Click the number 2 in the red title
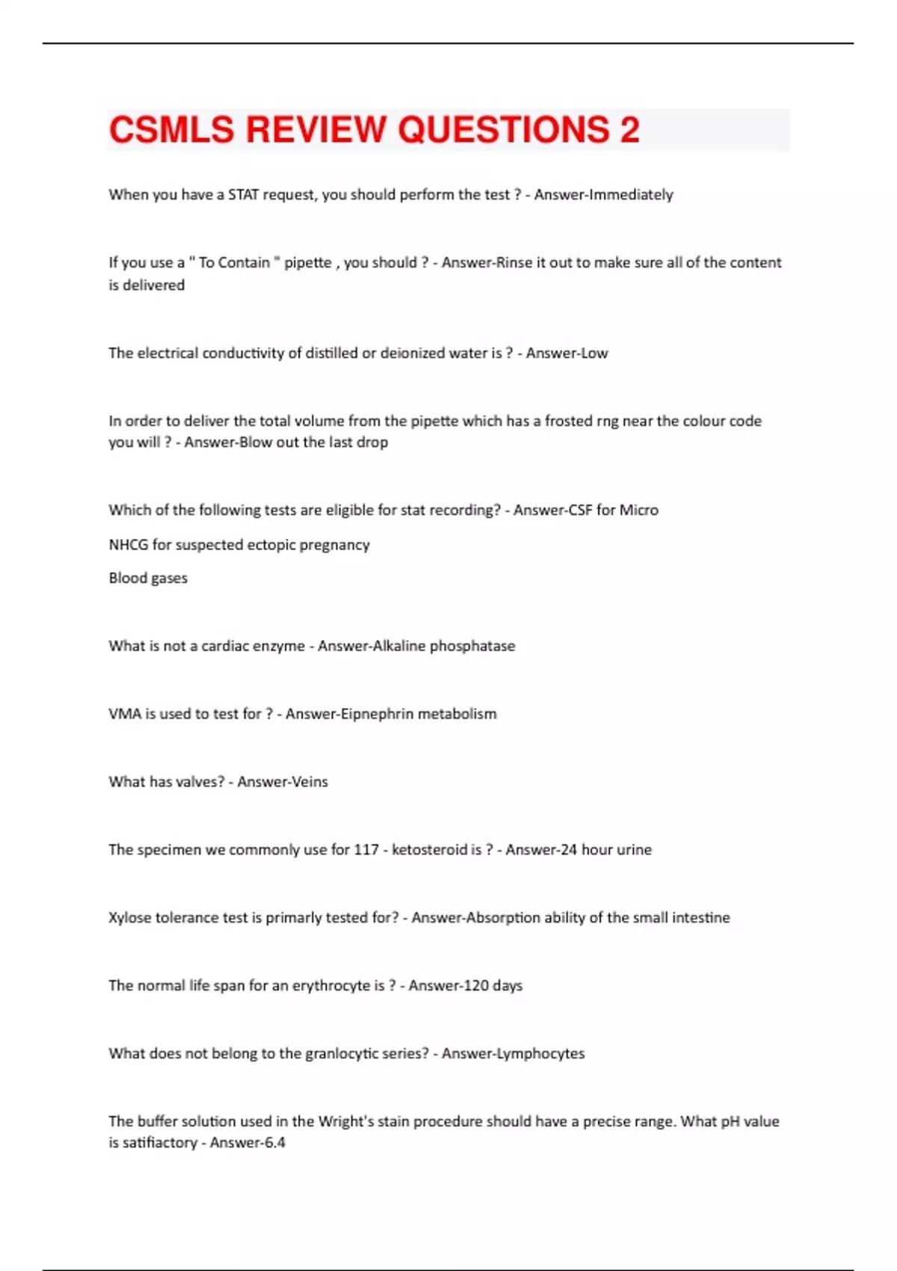pyautogui.click(x=629, y=129)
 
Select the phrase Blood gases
pyautogui.click(x=148, y=578)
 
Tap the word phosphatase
pyautogui.click(x=472, y=646)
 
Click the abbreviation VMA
pyautogui.click(x=125, y=714)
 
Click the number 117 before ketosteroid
pyautogui.click(x=366, y=850)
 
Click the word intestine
pyautogui.click(x=700, y=918)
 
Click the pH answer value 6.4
pyautogui.click(x=275, y=1143)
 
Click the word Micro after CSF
pyautogui.click(x=639, y=511)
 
